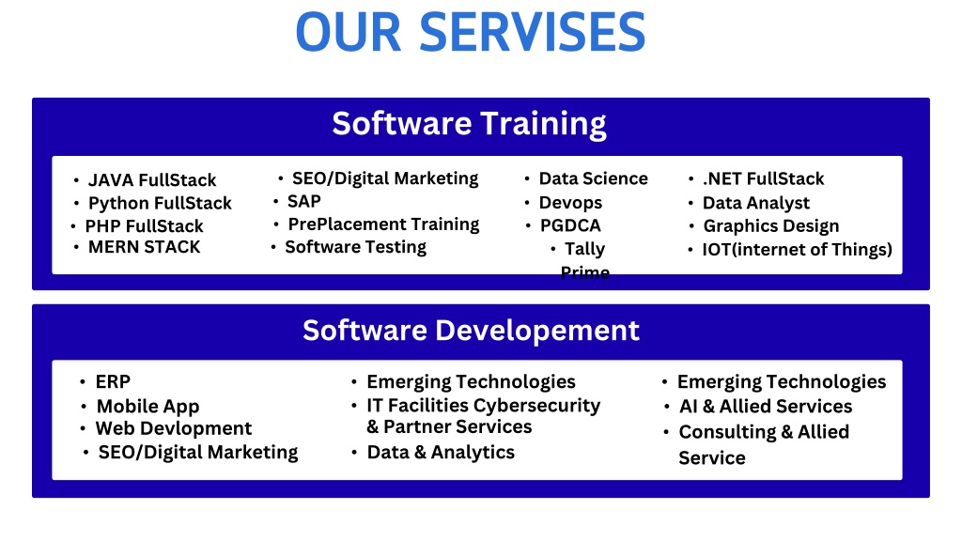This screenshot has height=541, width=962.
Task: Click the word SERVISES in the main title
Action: (532, 32)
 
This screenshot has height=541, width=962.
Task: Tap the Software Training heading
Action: (470, 124)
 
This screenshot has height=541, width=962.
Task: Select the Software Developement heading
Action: (472, 331)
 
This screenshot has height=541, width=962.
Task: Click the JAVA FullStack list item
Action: (152, 180)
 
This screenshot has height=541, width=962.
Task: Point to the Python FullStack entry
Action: (160, 204)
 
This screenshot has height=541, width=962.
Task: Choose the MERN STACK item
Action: (144, 247)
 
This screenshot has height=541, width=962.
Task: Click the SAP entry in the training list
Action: (304, 201)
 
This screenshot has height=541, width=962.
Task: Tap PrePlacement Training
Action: (384, 224)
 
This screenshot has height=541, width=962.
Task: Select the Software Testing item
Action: (356, 247)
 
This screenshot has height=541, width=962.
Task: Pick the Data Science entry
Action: (594, 178)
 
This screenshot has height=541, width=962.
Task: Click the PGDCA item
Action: (570, 225)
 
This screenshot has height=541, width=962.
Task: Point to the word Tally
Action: (584, 249)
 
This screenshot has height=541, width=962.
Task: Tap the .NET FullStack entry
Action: (763, 178)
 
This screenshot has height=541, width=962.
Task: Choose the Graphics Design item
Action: (771, 226)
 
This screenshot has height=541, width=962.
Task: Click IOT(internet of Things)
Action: (798, 250)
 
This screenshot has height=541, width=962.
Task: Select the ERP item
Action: (113, 381)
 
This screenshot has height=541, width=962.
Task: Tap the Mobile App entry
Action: (147, 407)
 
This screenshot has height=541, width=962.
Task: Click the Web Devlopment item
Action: (174, 428)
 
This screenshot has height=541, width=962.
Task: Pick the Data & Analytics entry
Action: (441, 452)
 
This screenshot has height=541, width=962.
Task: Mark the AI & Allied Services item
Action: (766, 406)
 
